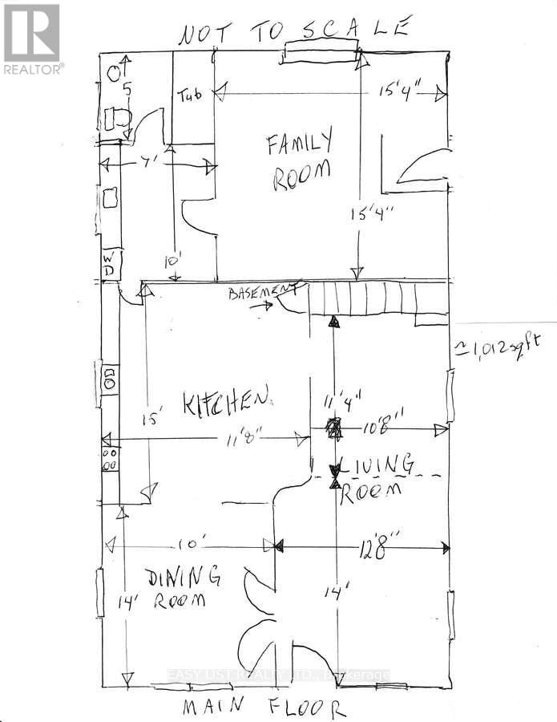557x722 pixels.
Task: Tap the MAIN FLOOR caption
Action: click(x=264, y=708)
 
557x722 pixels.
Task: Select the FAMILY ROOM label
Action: click(x=299, y=162)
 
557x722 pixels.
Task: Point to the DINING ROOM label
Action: click(x=182, y=586)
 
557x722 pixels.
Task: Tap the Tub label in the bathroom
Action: click(x=189, y=95)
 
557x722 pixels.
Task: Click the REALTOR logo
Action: click(x=33, y=39)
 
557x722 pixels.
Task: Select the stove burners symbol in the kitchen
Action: click(x=111, y=458)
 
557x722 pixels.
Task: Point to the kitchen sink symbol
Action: click(x=109, y=379)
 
